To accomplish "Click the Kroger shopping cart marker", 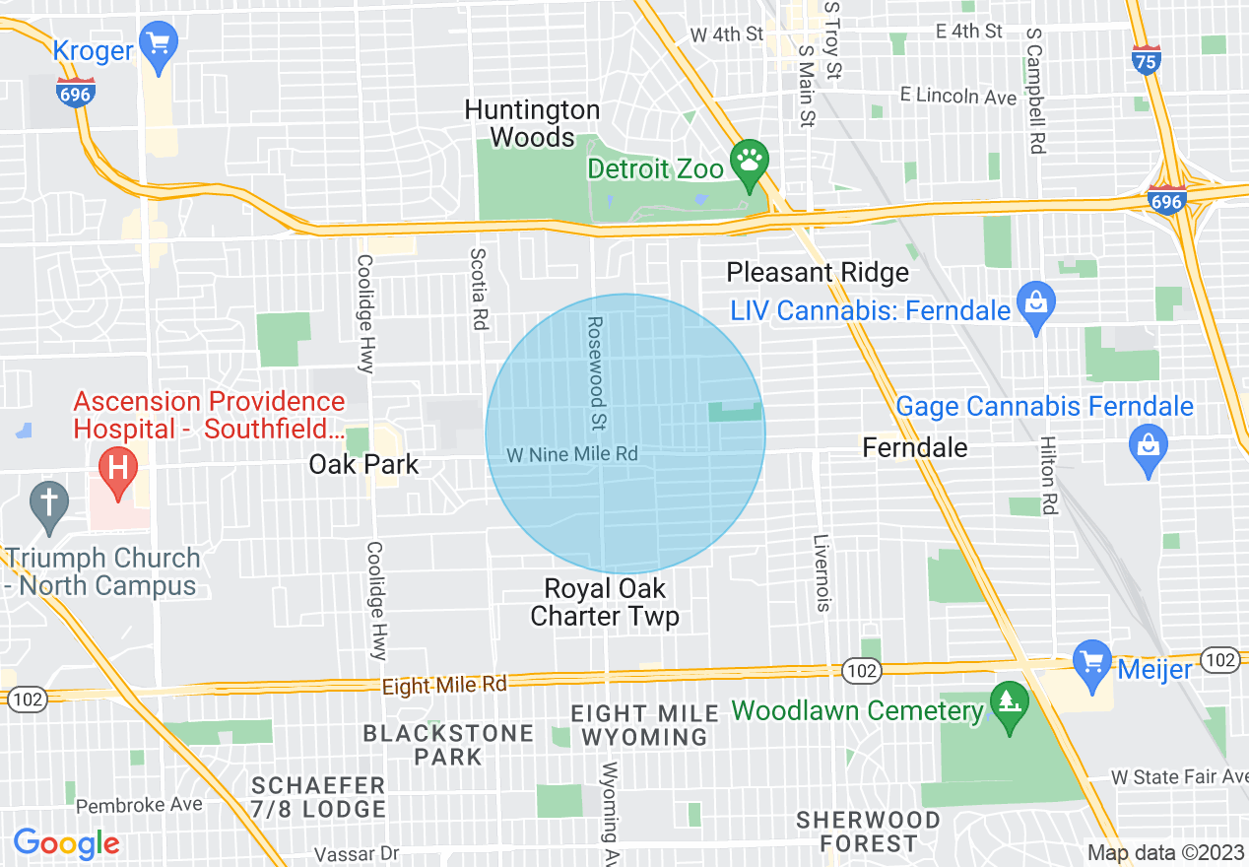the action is click(x=157, y=44).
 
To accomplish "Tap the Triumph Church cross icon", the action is click(x=48, y=502).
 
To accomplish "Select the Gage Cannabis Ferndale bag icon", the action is click(x=1148, y=446).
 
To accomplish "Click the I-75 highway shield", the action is click(x=1146, y=60).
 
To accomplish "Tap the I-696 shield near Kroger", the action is click(x=76, y=93).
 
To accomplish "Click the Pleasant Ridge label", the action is click(x=818, y=272).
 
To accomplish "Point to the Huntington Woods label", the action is click(x=532, y=123).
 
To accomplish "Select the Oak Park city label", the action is click(x=363, y=464).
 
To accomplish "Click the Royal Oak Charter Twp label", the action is click(x=605, y=603).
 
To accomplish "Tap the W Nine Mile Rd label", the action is click(x=571, y=455).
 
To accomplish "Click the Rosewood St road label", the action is click(x=595, y=374).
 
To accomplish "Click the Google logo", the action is click(x=66, y=843).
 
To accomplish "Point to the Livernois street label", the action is click(x=822, y=572).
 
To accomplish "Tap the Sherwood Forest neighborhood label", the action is click(x=855, y=832).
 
